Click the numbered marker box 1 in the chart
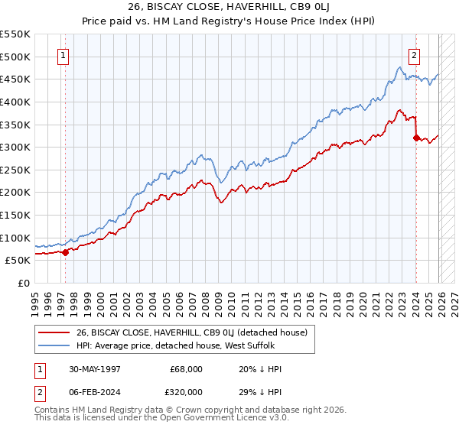[62, 55]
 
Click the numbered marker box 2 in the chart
[414, 55]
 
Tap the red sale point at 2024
[416, 138]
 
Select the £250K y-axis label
[15, 170]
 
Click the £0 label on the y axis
[23, 283]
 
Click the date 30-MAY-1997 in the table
[97, 368]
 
